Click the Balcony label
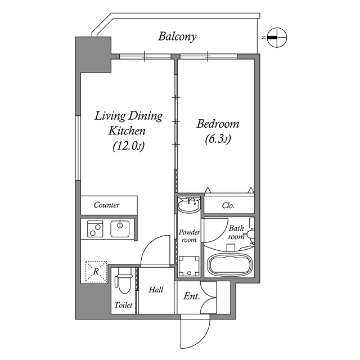click(177, 37)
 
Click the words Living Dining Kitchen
click(128, 124)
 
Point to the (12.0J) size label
click(128, 146)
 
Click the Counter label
click(107, 205)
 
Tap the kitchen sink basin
click(120, 228)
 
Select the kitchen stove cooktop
click(93, 228)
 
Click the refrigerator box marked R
click(96, 272)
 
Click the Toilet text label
click(123, 305)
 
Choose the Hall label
click(156, 290)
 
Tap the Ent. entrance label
click(191, 295)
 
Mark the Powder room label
click(189, 236)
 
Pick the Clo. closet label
click(228, 206)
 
